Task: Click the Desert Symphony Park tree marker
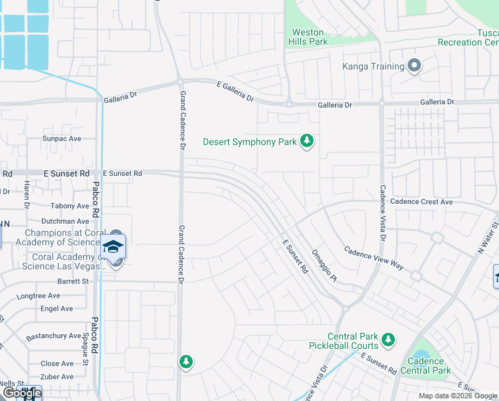pyautogui.click(x=307, y=141)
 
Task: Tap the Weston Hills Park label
pyautogui.click(x=308, y=37)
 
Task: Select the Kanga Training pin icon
pyautogui.click(x=414, y=66)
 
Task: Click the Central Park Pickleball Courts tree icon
pyautogui.click(x=388, y=341)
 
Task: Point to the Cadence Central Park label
pyautogui.click(x=425, y=366)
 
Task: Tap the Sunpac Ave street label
pyautogui.click(x=61, y=139)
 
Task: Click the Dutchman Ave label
pyautogui.click(x=65, y=221)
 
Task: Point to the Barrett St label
pyautogui.click(x=73, y=281)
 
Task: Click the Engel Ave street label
pyautogui.click(x=57, y=309)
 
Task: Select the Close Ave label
pyautogui.click(x=57, y=364)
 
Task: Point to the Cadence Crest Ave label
pyautogui.click(x=422, y=202)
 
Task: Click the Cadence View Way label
pyautogui.click(x=374, y=258)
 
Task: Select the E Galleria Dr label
pyautogui.click(x=235, y=91)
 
